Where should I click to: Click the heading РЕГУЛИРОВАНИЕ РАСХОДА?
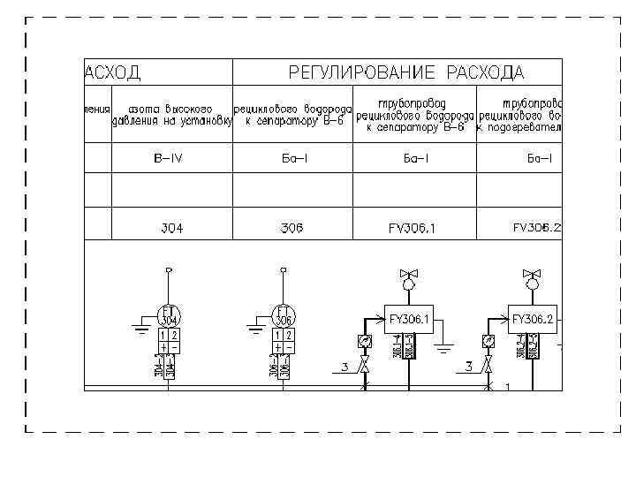(405, 72)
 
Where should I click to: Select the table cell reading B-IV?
(171, 159)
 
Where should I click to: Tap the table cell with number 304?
(171, 228)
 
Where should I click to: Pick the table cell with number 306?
(291, 228)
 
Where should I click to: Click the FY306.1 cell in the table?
(412, 228)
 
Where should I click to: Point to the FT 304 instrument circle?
(169, 315)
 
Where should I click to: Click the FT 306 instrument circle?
(284, 315)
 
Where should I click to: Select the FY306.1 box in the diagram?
(409, 319)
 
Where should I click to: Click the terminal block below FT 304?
(169, 342)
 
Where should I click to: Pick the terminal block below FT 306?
(284, 342)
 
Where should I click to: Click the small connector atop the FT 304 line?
(169, 269)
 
